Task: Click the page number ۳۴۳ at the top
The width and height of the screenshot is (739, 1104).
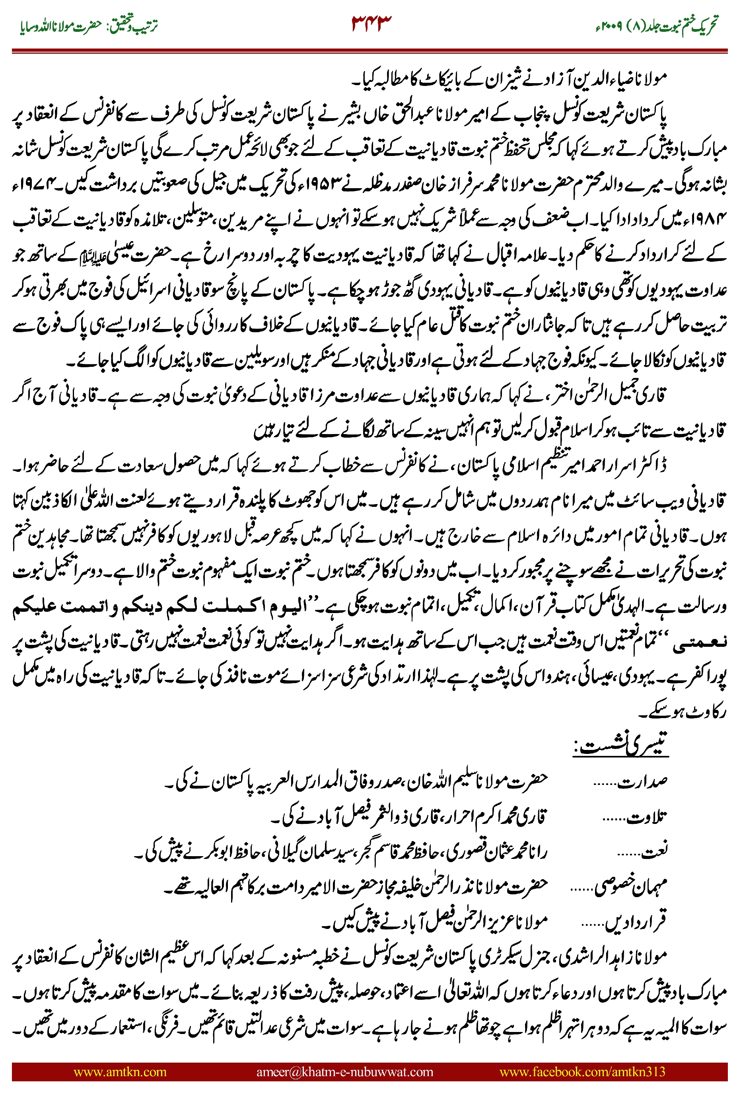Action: coord(371,23)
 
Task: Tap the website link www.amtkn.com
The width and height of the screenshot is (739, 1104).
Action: coord(120,1071)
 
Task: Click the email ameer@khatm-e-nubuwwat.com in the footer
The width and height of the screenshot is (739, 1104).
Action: coord(344,1071)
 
